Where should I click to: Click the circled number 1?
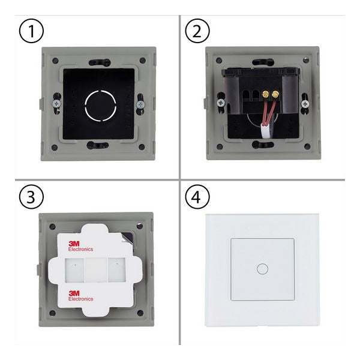(x=31, y=31)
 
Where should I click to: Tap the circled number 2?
(x=197, y=31)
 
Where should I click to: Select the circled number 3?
(x=31, y=197)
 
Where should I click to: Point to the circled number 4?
(x=197, y=197)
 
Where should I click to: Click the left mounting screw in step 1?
(x=57, y=103)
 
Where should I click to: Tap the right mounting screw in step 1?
(x=140, y=104)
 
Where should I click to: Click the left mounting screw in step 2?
(x=221, y=103)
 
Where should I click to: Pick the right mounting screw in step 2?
(x=305, y=104)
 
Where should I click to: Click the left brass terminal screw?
(x=265, y=94)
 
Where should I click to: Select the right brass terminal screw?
(x=275, y=94)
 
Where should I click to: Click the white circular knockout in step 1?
(x=100, y=106)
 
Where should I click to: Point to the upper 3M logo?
(x=74, y=244)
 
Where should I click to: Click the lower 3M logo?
(x=74, y=293)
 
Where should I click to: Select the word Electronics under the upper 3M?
(x=80, y=249)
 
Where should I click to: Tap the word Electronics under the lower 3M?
(x=81, y=299)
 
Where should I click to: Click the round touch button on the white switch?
(x=262, y=269)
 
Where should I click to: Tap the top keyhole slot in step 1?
(x=100, y=62)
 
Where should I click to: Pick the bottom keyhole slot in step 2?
(x=263, y=145)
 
